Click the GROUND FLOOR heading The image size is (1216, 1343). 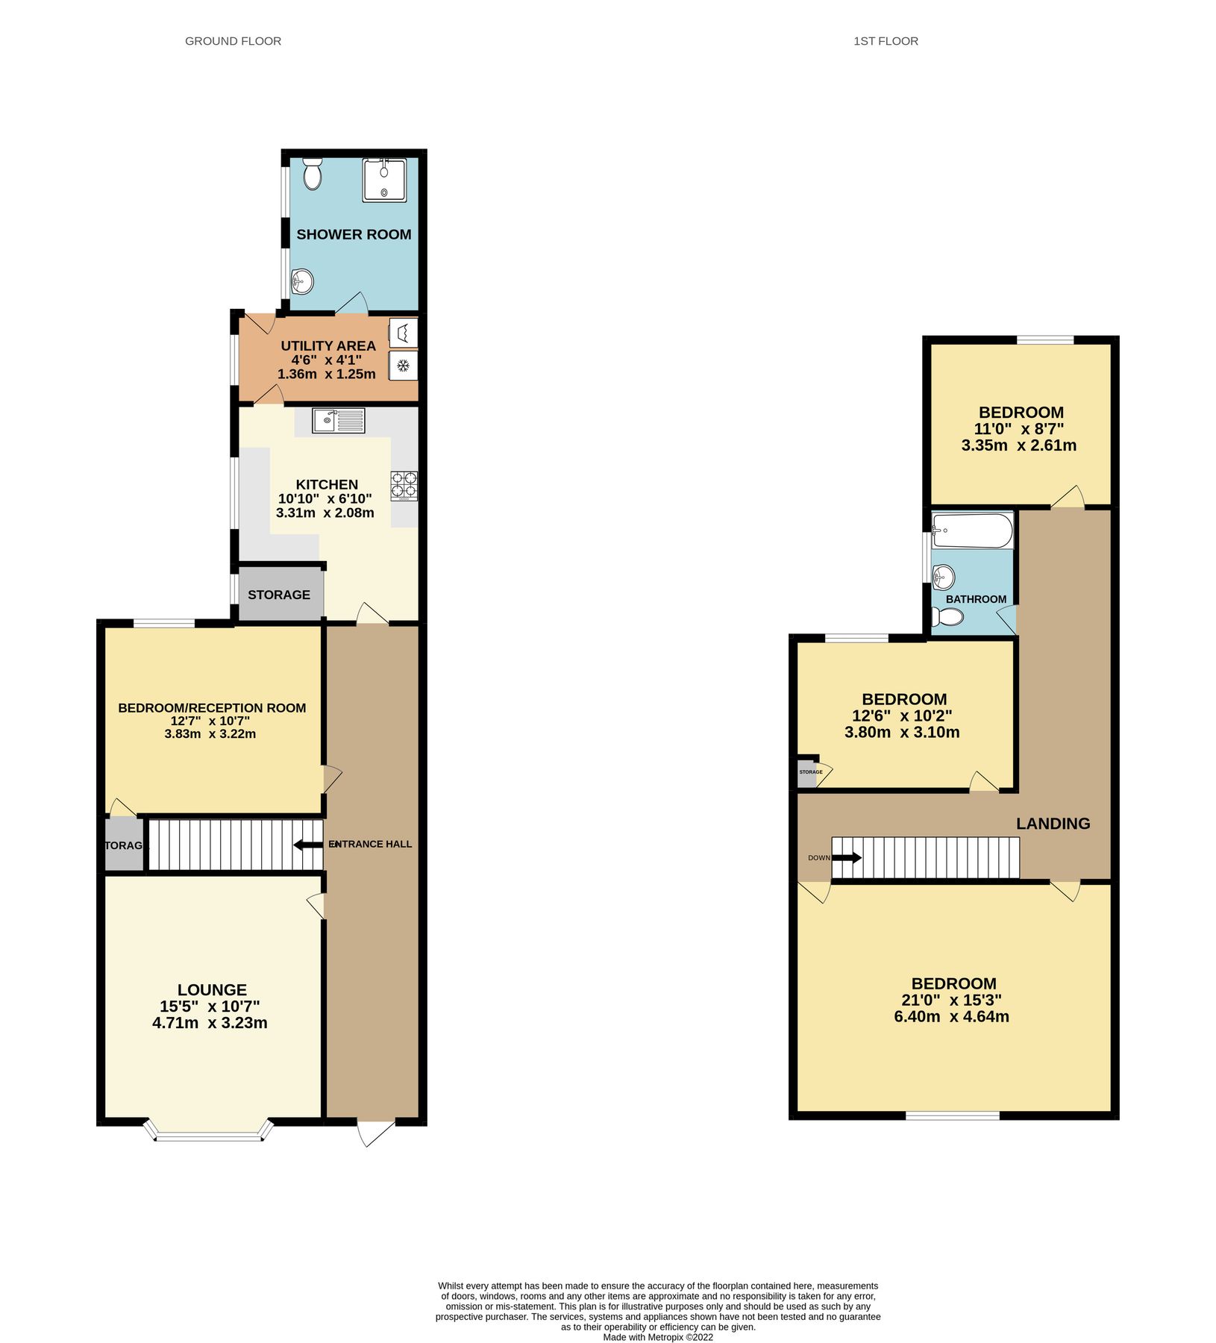point(233,41)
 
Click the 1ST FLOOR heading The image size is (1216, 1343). point(886,41)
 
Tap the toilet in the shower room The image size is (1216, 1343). point(313,175)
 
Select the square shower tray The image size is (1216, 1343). point(384,181)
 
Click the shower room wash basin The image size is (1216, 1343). point(302,281)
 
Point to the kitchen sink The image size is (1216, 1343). point(339,421)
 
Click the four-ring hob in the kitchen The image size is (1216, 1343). point(404,485)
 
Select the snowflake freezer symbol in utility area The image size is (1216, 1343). point(403,366)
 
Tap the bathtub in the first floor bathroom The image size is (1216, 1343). point(973,530)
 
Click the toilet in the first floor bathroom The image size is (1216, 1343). point(948,617)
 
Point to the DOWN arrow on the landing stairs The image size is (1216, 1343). point(845,857)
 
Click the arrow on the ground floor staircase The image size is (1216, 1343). point(307,845)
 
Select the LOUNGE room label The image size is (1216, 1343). point(212,989)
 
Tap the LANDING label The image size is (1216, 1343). point(1053,823)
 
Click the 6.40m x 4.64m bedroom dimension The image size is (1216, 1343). point(951,1016)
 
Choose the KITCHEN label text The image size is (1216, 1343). point(327,484)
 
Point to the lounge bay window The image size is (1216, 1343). point(209,1136)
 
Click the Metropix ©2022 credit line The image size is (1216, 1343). point(658,1337)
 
